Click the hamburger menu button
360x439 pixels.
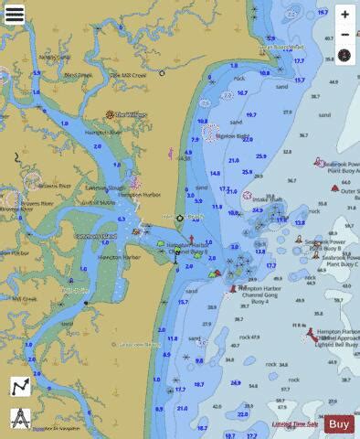coord(15,15)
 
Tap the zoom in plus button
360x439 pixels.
coord(344,15)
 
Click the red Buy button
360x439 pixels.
coord(339,423)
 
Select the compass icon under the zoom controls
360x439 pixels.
coord(344,55)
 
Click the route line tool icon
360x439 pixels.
coord(20,388)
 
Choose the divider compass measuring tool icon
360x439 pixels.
coord(20,417)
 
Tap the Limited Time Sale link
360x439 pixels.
coord(294,424)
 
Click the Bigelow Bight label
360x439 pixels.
coord(233,136)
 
